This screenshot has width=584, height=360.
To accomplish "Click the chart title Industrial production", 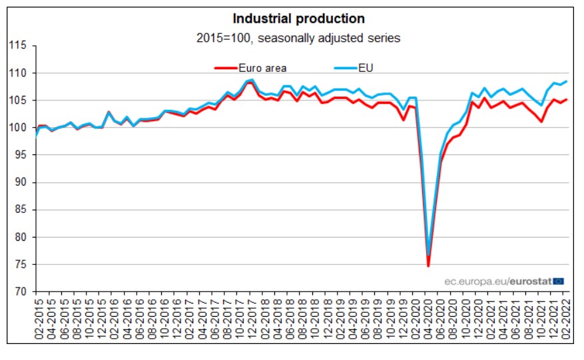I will (x=298, y=18).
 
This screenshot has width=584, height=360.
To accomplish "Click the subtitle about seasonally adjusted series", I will (x=298, y=38).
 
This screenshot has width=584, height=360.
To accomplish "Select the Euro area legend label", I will (x=264, y=67).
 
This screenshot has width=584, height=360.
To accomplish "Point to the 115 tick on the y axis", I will (x=17, y=45).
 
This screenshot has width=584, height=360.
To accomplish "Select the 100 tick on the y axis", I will (x=17, y=127).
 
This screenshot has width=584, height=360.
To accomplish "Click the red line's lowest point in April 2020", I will (x=428, y=266).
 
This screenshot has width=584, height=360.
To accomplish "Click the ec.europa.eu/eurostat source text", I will (x=497, y=281).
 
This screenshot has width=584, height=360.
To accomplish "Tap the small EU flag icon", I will (x=559, y=281).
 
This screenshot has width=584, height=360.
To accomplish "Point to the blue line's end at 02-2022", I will (x=566, y=82).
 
